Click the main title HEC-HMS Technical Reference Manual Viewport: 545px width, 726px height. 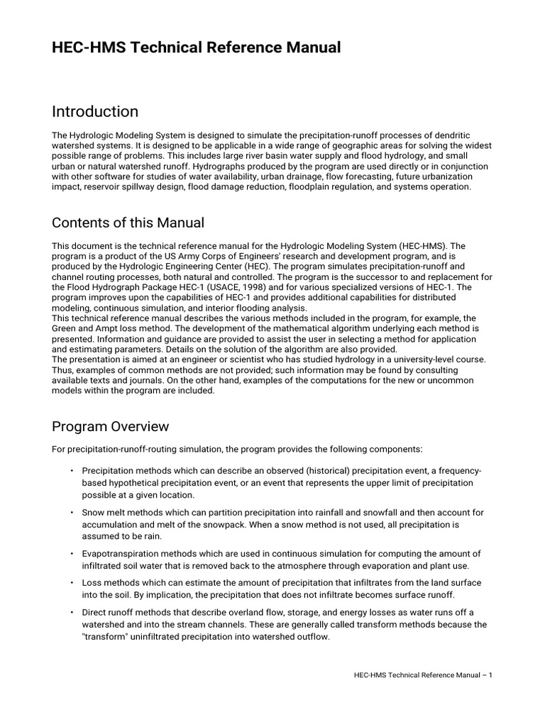(197, 48)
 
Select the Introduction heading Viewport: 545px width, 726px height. (95, 111)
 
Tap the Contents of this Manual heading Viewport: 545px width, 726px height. (128, 223)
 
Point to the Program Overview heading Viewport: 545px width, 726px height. (111, 426)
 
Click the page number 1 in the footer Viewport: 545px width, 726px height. (490, 675)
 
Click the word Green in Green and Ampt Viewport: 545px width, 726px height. (65, 328)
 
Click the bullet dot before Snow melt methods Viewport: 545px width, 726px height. (72, 513)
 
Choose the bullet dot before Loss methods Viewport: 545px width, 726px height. (72, 583)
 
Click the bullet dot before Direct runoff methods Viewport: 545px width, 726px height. (72, 613)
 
